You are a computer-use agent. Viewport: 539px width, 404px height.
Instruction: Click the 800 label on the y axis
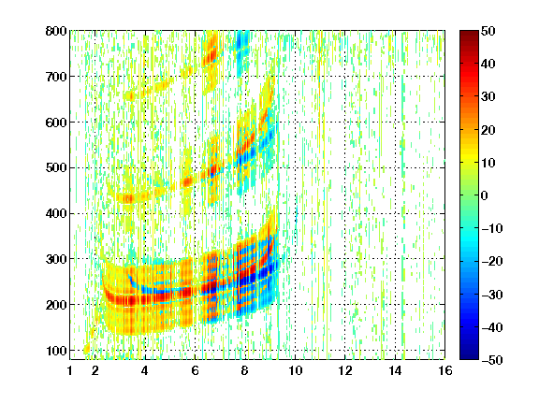pos(56,31)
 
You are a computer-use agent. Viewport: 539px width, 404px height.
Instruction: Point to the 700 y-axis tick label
pos(56,77)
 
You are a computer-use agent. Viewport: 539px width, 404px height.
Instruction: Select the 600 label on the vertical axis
pos(56,123)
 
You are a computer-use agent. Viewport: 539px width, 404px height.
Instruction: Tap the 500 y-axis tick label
pos(56,168)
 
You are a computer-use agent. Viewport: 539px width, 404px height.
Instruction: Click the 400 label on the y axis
pos(56,213)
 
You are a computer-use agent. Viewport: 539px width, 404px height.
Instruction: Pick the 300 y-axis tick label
pos(56,259)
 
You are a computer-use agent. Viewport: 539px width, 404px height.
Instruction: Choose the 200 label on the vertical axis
pos(56,305)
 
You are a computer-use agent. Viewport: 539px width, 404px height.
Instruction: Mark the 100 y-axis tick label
pos(56,351)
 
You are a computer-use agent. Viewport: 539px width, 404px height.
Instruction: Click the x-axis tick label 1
pos(70,370)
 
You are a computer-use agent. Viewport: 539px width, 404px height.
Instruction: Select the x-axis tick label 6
pos(195,370)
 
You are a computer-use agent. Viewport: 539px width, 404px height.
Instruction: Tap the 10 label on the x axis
pos(295,370)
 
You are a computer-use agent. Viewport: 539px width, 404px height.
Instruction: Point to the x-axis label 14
pos(395,370)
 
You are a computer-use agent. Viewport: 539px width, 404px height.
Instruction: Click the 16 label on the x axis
pos(445,370)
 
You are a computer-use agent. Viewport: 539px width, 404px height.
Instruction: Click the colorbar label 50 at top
pos(488,31)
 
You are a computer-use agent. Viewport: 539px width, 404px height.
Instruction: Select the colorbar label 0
pos(485,195)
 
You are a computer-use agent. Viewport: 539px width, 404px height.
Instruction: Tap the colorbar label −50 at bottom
pos(492,360)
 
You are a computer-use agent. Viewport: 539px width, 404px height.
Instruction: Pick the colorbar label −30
pos(492,295)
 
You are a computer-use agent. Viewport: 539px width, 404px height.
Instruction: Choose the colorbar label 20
pos(488,130)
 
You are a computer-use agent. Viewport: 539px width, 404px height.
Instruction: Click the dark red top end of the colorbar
pos(469,33)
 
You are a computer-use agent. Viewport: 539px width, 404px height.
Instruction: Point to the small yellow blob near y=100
pos(86,349)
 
